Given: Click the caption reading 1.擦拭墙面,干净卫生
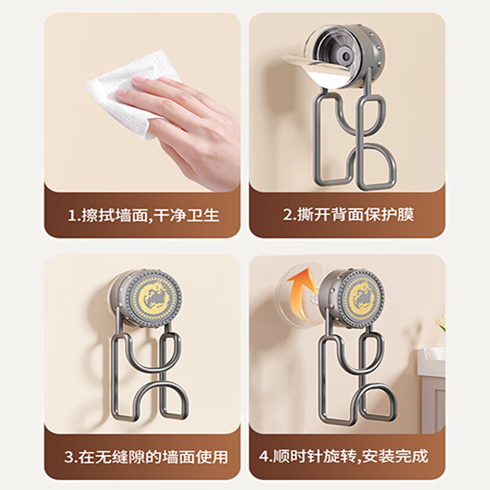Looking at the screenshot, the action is click(x=144, y=216).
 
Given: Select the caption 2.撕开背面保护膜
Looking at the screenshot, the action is click(x=349, y=214).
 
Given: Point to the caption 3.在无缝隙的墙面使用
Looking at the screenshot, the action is click(x=146, y=457).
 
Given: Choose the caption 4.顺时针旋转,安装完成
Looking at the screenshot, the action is click(x=344, y=456).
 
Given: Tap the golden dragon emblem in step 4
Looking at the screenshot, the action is click(x=363, y=298).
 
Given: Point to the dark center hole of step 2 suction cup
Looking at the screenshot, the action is click(x=346, y=56).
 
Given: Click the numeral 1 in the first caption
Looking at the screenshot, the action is click(x=72, y=216).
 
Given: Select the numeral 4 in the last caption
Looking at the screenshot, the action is click(x=264, y=456).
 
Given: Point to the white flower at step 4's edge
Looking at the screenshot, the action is click(x=440, y=322).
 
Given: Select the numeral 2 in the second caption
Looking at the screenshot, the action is click(x=287, y=215).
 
